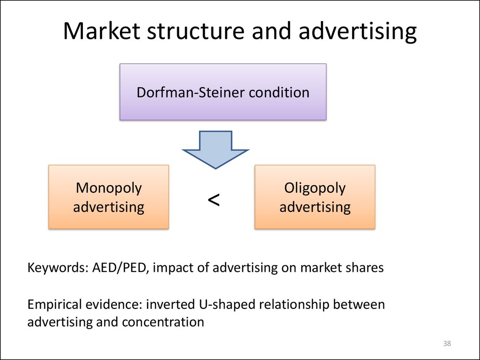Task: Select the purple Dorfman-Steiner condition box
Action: [223, 92]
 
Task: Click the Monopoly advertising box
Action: [109, 197]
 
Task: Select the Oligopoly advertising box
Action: [315, 197]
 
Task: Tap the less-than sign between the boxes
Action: [214, 200]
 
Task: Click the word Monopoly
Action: [109, 188]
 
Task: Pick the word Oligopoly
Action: [315, 188]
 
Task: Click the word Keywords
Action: [58, 268]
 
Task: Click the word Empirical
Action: [54, 305]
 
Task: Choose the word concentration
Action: [163, 322]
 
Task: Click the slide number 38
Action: [447, 344]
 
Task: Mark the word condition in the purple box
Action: [279, 92]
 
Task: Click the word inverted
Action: [170, 305]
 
